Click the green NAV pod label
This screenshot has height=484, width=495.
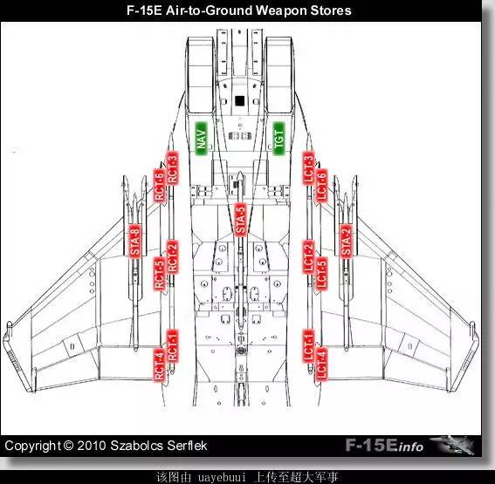pos(201,139)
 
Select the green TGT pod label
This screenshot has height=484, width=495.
pos(278,139)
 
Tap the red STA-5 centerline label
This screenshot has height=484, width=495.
pos(240,219)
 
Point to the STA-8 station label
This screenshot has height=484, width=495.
pos(134,241)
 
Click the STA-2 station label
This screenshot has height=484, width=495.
pos(346,241)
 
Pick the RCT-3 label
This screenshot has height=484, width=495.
pos(172,168)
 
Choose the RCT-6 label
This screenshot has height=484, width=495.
pos(160,186)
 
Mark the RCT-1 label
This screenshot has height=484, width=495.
pos(172,346)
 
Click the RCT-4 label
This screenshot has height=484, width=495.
pos(160,365)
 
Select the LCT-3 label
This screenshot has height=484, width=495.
pos(309,168)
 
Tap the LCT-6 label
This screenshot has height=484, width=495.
pos(321,186)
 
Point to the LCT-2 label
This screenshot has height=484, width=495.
pos(309,257)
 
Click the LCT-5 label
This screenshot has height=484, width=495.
pos(321,274)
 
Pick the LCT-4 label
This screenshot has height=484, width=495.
pos(321,365)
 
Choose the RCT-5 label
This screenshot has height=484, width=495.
pos(160,274)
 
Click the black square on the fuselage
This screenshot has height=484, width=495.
pos(240,101)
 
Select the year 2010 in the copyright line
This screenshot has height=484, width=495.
pos(92,446)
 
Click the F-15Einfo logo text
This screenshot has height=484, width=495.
pos(384,446)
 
